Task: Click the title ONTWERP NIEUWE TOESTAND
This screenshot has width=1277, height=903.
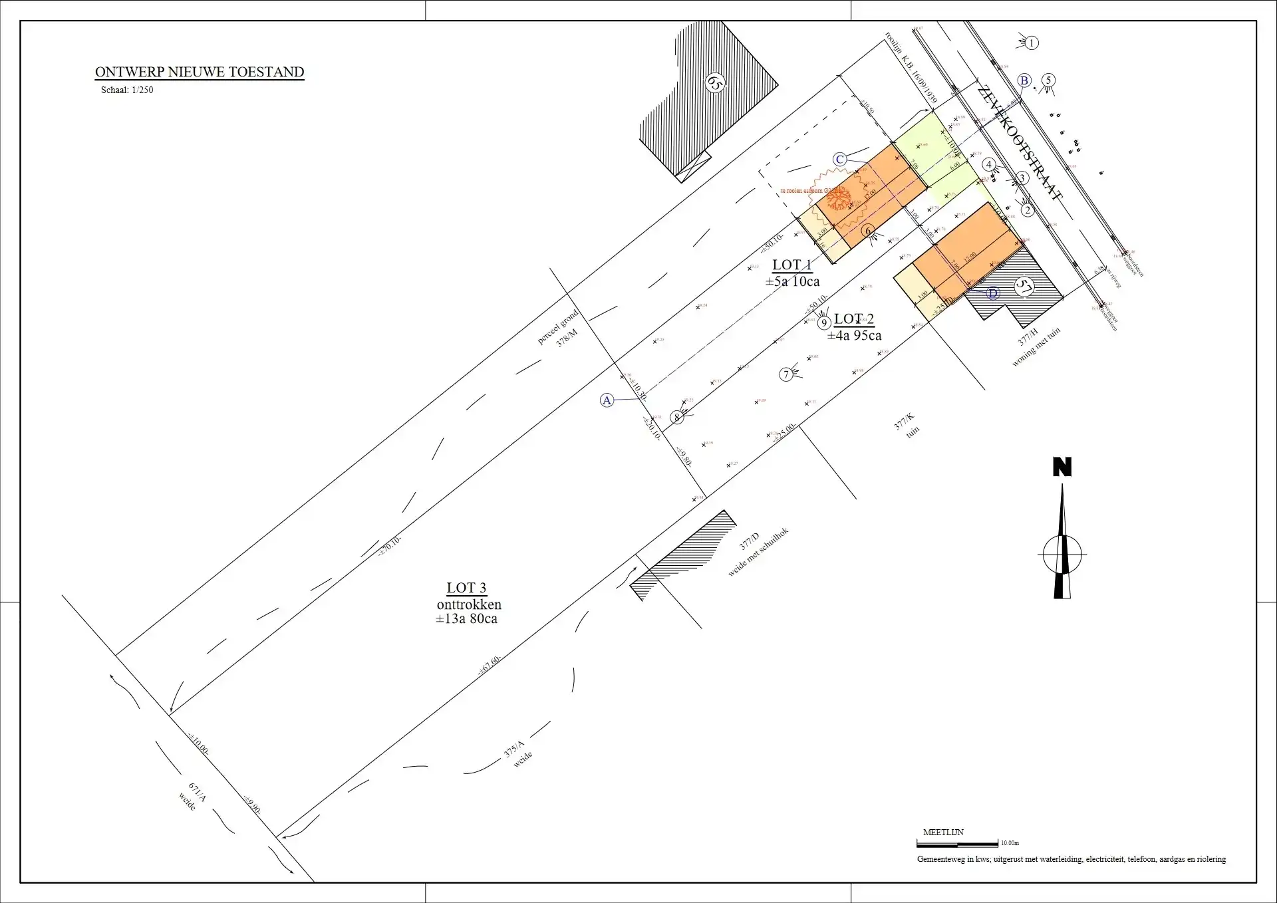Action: click(x=200, y=72)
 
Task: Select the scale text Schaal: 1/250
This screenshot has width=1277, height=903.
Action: click(x=127, y=90)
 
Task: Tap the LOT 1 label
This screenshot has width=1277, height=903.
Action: click(x=791, y=265)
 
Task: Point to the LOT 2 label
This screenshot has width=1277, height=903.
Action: click(x=854, y=319)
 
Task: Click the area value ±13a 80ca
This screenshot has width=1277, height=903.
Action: click(x=466, y=619)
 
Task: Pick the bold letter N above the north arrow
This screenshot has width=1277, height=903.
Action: click(x=1062, y=467)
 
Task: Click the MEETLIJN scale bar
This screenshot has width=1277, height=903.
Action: click(x=957, y=843)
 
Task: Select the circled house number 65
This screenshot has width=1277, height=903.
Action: click(x=714, y=82)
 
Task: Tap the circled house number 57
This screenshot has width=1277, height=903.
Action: click(x=1023, y=287)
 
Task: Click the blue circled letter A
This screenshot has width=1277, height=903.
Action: click(x=607, y=400)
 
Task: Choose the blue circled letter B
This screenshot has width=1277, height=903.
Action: click(x=1024, y=80)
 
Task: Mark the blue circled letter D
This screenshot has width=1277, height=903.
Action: click(x=993, y=293)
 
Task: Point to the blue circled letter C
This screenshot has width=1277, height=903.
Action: click(x=840, y=160)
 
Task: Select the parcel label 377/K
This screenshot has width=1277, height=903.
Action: click(x=904, y=422)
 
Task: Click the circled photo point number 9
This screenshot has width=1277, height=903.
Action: click(x=824, y=323)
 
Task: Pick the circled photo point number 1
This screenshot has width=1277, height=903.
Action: click(x=1032, y=43)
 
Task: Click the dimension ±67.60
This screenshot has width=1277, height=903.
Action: click(x=489, y=665)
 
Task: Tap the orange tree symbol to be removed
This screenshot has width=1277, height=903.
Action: click(x=839, y=197)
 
